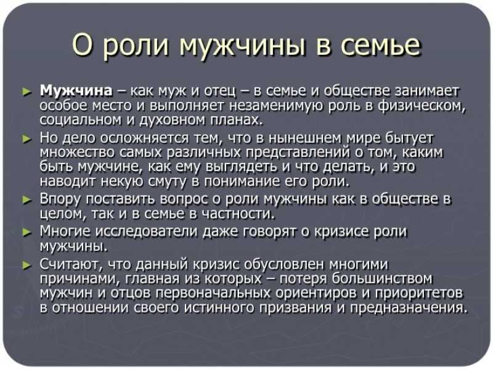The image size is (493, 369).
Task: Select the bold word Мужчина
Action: coord(76,91)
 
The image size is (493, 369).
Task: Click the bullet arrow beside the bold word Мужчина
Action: coord(27,92)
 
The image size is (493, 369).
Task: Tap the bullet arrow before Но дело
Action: coord(27,138)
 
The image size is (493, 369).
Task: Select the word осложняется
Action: coord(144,138)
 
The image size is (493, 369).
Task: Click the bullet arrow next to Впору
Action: coord(27,199)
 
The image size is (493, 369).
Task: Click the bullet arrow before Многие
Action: coord(27,232)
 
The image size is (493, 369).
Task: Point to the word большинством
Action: coord(382,279)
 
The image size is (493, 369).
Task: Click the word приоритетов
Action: coord(419,293)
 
